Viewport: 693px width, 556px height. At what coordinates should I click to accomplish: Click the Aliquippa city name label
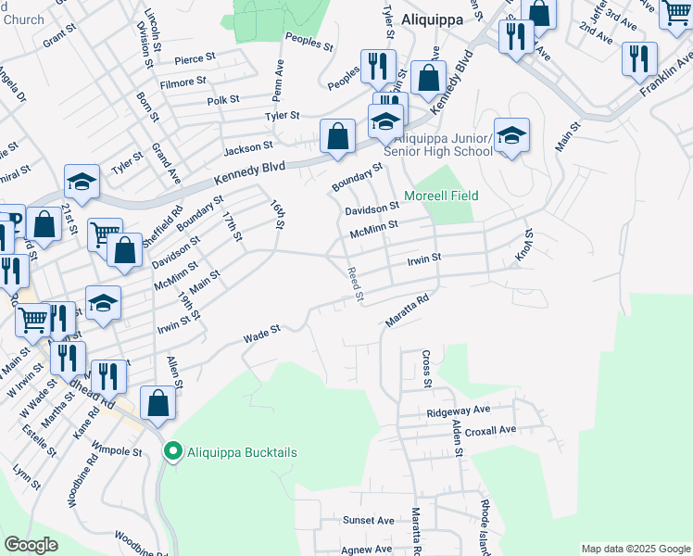tap(431, 19)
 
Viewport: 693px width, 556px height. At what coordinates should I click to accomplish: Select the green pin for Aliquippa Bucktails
tap(171, 452)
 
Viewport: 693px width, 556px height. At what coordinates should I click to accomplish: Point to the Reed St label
tap(353, 284)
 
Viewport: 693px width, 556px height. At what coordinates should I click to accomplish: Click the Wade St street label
tap(261, 335)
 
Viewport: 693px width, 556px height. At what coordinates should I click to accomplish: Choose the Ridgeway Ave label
tap(458, 411)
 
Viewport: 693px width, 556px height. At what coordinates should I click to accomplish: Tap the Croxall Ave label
tap(490, 430)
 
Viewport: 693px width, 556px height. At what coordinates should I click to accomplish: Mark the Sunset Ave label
tap(369, 521)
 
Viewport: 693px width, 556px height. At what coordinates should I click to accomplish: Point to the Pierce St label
tap(200, 57)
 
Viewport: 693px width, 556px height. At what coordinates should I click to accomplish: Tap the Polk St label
tap(223, 99)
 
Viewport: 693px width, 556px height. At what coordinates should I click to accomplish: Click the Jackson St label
tap(247, 145)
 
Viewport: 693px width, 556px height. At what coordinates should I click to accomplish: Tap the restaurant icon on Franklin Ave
tap(639, 57)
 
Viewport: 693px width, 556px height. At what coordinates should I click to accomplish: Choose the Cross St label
tap(426, 369)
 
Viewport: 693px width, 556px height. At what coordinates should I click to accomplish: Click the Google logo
tap(31, 545)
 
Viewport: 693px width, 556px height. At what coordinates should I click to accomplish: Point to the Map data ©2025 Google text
tap(635, 549)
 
